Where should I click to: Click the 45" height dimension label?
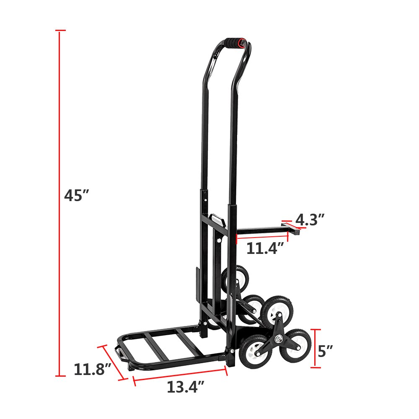pos(77,196)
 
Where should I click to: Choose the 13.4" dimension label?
pos(183,387)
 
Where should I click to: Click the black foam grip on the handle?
pos(235,43)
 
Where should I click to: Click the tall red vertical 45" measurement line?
pos(60,201)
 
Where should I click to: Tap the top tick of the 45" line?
pos(60,31)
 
